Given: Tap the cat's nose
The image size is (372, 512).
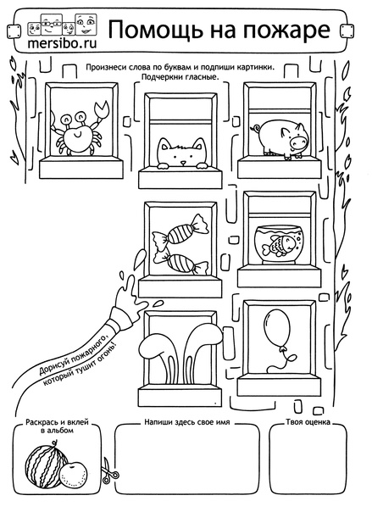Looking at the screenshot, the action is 183,163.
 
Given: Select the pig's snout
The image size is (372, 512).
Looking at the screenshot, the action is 298,141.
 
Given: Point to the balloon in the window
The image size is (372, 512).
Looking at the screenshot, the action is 276,330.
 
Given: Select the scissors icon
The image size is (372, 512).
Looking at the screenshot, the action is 108,470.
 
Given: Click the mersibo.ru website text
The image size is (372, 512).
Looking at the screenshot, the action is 62,43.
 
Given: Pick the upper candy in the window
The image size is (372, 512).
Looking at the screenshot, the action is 180,230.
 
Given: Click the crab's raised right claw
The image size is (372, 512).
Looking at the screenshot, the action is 102,109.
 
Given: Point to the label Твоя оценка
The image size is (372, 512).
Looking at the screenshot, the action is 308,422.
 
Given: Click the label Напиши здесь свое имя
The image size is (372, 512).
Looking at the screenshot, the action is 187,422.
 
